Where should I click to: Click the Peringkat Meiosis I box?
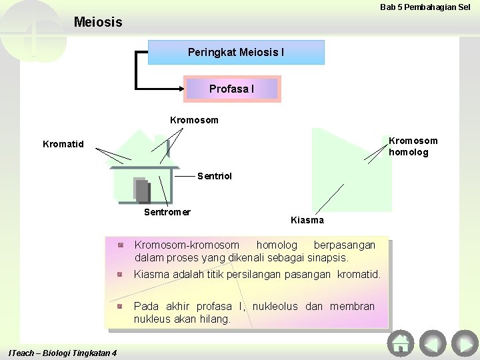236,52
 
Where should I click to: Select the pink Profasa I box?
232,89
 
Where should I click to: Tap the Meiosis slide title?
98,22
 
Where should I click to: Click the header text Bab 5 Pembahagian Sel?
425,7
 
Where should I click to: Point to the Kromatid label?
63,144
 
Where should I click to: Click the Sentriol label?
215,177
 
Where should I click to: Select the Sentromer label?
167,212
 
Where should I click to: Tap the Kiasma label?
307,220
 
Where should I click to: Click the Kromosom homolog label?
413,147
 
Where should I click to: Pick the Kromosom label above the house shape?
194,121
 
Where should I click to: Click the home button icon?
400,343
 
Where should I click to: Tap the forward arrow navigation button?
464,343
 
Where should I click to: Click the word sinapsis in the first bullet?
327,257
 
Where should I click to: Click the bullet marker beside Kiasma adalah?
120,274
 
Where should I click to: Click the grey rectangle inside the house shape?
141,189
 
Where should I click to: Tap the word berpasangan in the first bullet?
344,245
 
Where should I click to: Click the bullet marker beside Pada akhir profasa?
120,306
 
